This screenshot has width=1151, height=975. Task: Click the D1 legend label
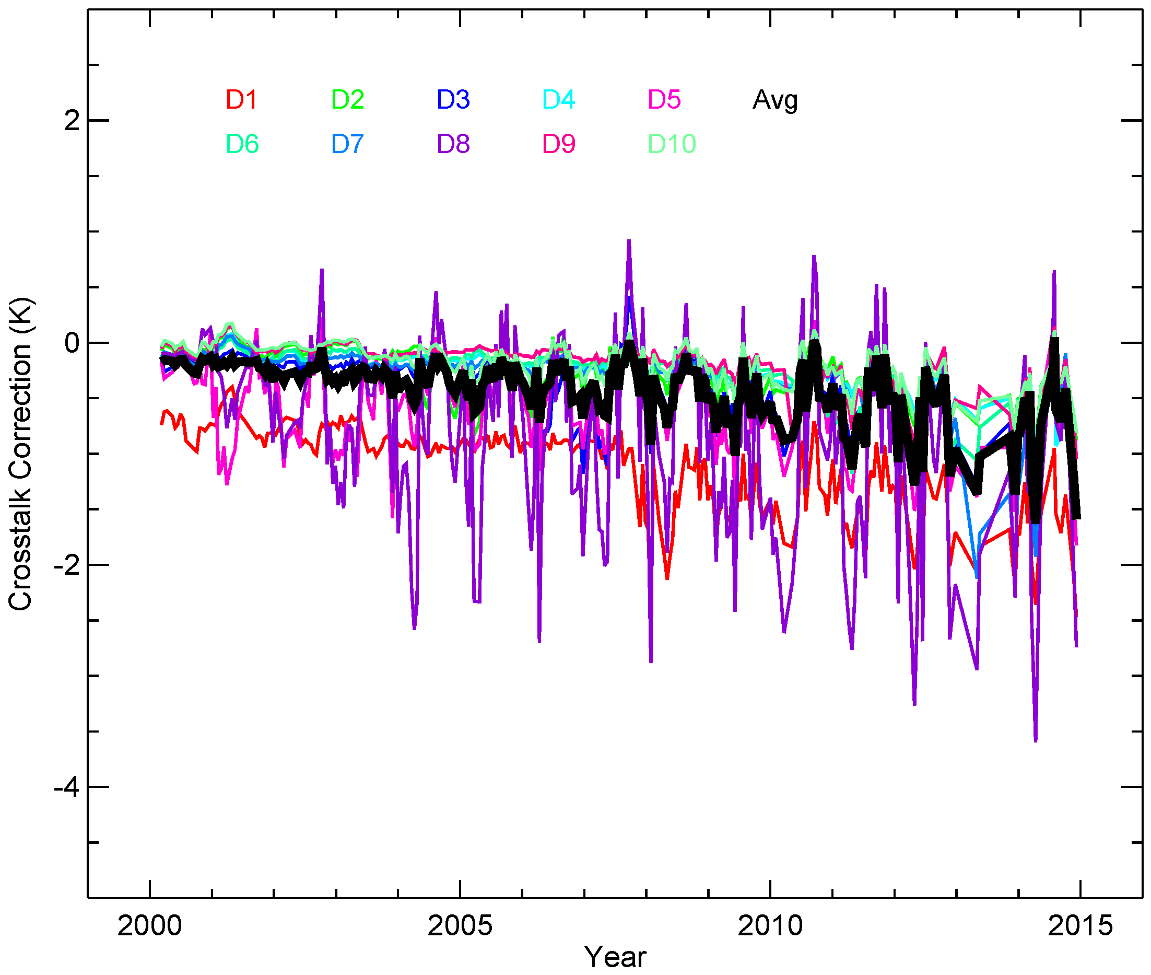pyautogui.click(x=241, y=100)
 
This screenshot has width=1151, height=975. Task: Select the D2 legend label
pyautogui.click(x=347, y=100)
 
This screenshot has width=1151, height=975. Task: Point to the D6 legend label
pyautogui.click(x=242, y=144)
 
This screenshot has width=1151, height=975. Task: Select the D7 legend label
pyautogui.click(x=347, y=144)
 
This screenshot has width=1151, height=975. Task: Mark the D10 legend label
pyautogui.click(x=671, y=144)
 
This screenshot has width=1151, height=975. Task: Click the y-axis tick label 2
pyautogui.click(x=72, y=121)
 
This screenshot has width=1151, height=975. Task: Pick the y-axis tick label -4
pyautogui.click(x=66, y=787)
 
